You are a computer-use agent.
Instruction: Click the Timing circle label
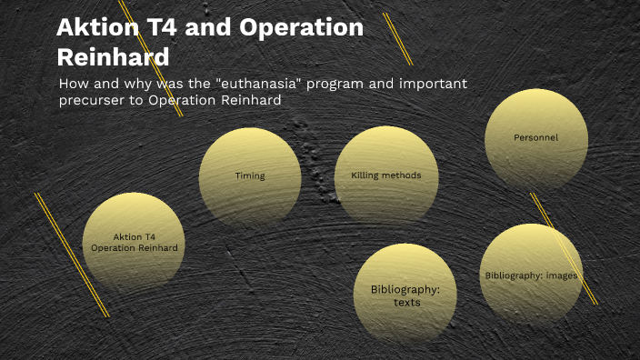250,176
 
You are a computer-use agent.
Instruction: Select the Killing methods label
385,175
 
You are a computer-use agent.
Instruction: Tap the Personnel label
535,138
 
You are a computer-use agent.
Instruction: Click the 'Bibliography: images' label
531,275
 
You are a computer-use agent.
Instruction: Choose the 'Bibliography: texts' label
405,295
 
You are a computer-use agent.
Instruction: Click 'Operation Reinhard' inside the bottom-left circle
135,247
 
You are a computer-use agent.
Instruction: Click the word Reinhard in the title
113,56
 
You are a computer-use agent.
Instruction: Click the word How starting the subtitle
72,85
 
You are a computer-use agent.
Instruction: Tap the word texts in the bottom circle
406,303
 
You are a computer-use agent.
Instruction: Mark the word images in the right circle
561,275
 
